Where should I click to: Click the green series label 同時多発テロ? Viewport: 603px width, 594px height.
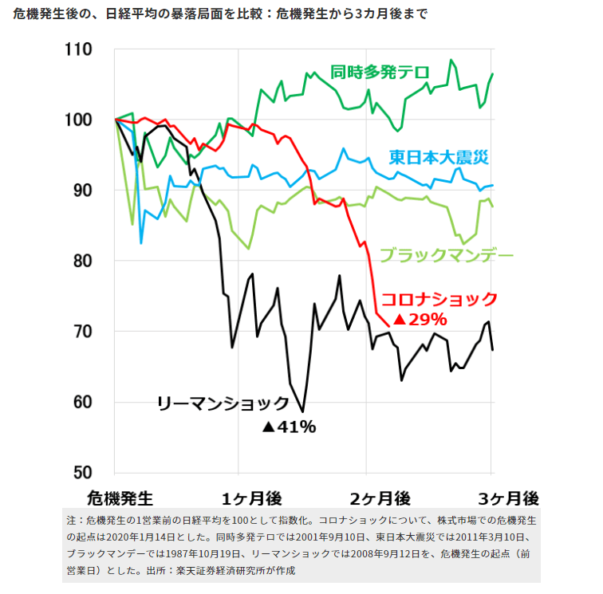point(380,71)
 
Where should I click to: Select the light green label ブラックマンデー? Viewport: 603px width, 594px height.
point(446,256)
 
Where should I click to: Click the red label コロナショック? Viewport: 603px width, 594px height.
point(439,299)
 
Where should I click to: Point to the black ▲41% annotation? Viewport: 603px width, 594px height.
point(289,427)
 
